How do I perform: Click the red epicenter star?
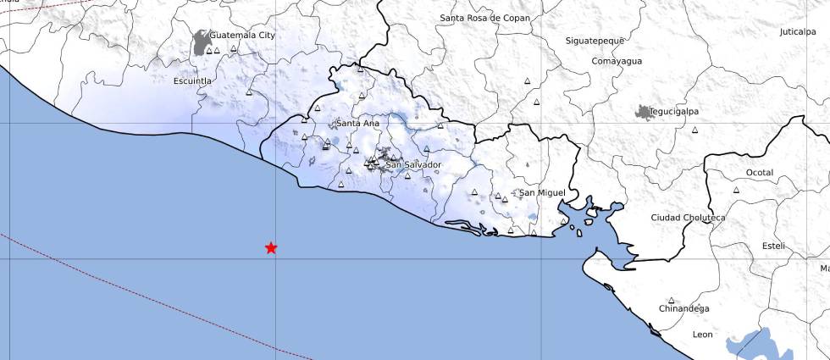[x=271, y=247]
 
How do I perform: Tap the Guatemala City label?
[x=242, y=36]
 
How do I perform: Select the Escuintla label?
[x=191, y=80]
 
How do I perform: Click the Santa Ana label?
[x=357, y=124]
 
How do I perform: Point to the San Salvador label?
[x=413, y=164]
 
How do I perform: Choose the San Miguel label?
[x=542, y=193]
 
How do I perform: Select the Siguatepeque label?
[x=595, y=41]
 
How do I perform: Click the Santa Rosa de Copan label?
[x=485, y=18]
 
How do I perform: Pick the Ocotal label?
[x=760, y=173]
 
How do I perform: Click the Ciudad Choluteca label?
[x=688, y=218]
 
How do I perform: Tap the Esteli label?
[x=773, y=246]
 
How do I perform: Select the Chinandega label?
[x=684, y=309]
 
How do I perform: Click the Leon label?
[x=703, y=335]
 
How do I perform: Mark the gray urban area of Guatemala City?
[x=202, y=42]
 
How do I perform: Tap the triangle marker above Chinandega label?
[x=672, y=300]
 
